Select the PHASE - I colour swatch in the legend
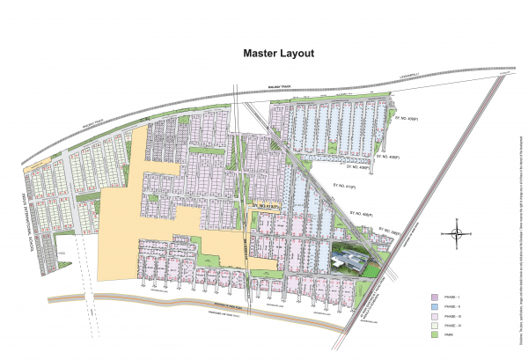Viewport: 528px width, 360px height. click(435, 298)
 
